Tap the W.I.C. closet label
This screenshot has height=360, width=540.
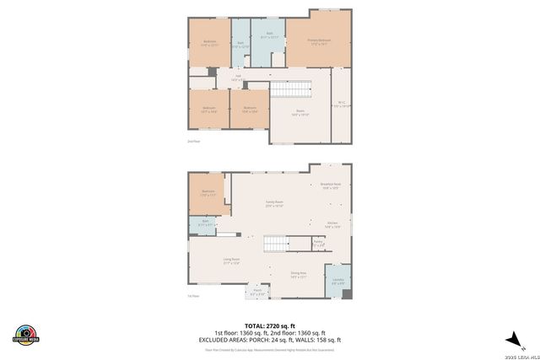click(x=342, y=104)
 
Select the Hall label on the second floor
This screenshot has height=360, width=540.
click(x=238, y=78)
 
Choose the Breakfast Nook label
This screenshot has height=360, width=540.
click(x=331, y=186)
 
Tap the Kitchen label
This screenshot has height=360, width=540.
click(x=332, y=224)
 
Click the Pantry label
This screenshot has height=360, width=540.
click(x=318, y=244)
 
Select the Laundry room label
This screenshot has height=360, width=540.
click(x=337, y=282)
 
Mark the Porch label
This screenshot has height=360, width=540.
click(x=259, y=292)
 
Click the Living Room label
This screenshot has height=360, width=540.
click(x=232, y=261)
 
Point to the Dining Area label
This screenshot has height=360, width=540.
click(x=298, y=275)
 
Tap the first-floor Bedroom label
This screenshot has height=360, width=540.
click(x=208, y=193)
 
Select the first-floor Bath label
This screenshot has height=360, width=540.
click(x=204, y=223)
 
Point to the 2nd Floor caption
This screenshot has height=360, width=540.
click(x=193, y=141)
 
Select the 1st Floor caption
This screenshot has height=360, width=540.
click(x=193, y=296)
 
